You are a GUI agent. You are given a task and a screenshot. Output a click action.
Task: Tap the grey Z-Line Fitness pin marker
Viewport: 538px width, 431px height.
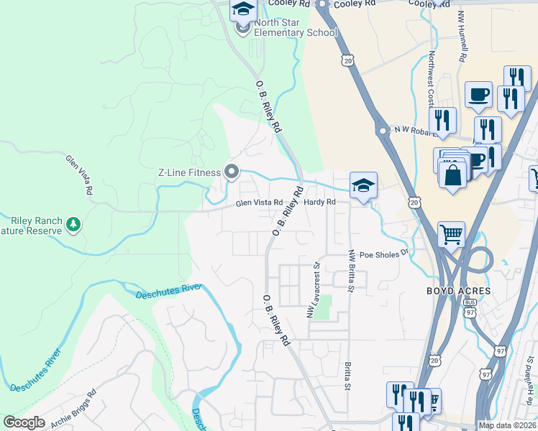(x=231, y=172)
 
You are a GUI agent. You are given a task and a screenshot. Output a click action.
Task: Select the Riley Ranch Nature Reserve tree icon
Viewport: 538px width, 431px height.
(x=73, y=226)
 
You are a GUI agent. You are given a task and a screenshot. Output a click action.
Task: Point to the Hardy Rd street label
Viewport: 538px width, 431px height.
(x=319, y=203)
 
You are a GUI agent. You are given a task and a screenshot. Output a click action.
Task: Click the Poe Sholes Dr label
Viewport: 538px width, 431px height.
(x=383, y=253)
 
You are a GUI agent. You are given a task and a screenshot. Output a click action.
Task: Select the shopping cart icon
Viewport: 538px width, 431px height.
(x=451, y=233)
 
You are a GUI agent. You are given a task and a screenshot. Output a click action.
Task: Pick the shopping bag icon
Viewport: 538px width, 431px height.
(x=452, y=175)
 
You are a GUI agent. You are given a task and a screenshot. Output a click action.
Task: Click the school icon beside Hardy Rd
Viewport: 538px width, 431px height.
(x=364, y=185)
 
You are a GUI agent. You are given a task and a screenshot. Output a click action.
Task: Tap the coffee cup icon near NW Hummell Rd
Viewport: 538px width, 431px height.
(x=478, y=94)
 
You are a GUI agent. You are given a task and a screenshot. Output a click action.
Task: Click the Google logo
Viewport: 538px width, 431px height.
(x=24, y=422)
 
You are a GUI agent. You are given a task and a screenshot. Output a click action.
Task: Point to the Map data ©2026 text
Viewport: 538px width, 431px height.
(x=507, y=425)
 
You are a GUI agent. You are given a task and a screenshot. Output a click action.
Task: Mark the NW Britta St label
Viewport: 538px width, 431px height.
(x=352, y=271)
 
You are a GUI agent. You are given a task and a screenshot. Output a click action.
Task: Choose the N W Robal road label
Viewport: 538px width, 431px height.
(x=416, y=131)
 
